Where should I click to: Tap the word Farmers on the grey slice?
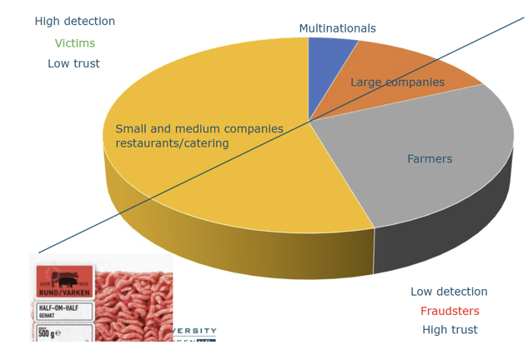(430, 159)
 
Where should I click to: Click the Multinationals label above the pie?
(337, 28)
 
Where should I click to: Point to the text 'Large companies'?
(397, 82)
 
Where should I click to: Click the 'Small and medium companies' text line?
(199, 129)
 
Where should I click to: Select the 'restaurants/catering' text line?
(172, 143)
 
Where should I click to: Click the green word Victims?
(75, 43)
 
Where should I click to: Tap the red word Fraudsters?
(450, 311)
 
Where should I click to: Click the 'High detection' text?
(75, 22)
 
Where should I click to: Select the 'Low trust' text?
(73, 63)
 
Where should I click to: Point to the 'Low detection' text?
(449, 292)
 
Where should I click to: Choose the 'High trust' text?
(450, 330)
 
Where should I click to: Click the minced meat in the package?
(133, 300)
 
